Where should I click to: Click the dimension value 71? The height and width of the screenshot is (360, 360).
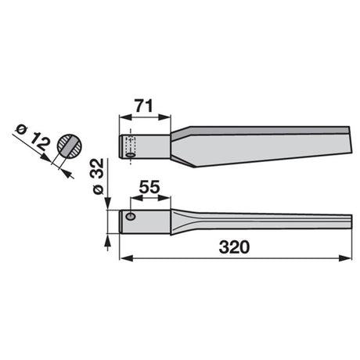pyautogui.click(x=143, y=106)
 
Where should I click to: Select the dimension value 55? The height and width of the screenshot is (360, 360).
pyautogui.click(x=149, y=187)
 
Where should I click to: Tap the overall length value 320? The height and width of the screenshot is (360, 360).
pyautogui.click(x=234, y=247)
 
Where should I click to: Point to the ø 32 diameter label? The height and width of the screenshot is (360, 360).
pyautogui.click(x=99, y=176)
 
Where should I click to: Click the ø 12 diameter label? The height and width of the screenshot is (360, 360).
pyautogui.click(x=32, y=138)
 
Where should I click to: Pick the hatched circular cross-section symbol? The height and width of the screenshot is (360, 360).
pyautogui.click(x=70, y=146)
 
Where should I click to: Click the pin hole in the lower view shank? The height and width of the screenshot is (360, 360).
pyautogui.click(x=131, y=216)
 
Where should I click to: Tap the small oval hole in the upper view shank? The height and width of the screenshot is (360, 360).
pyautogui.click(x=130, y=155)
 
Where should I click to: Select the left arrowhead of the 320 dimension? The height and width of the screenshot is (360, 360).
pyautogui.click(x=126, y=258)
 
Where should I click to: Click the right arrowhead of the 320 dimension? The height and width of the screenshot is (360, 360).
pyautogui.click(x=345, y=258)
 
